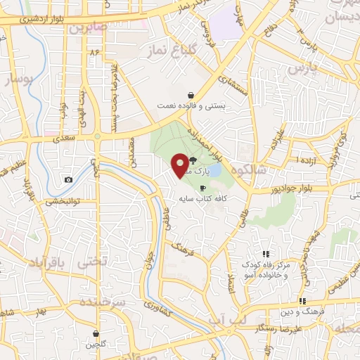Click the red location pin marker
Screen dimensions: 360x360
[180, 165]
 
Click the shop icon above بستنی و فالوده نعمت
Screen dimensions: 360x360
[191, 95]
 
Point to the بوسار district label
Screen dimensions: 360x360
[19, 79]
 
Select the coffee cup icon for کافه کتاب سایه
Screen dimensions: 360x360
[203, 188]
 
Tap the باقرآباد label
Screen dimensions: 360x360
[46, 262]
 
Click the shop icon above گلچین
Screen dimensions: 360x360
[96, 334]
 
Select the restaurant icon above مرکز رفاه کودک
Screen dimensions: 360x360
[266, 254]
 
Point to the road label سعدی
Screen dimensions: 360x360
[65, 139]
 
